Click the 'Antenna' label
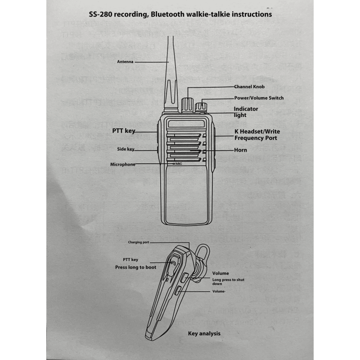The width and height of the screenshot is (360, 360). (125, 62)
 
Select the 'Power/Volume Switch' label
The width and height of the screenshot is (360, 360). (259, 98)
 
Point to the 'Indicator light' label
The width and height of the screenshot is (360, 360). (246, 112)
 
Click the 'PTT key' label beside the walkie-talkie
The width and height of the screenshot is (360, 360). (124, 131)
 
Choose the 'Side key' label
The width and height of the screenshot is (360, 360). (125, 149)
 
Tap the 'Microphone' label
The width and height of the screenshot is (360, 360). (122, 164)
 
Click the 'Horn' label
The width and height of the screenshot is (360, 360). (240, 150)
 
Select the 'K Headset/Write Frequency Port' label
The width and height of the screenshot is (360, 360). (255, 135)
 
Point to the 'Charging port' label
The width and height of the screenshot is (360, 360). (139, 242)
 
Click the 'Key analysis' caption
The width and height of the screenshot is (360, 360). (204, 333)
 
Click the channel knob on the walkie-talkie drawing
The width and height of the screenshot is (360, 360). (187, 103)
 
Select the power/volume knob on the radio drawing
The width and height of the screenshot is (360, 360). (201, 107)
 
